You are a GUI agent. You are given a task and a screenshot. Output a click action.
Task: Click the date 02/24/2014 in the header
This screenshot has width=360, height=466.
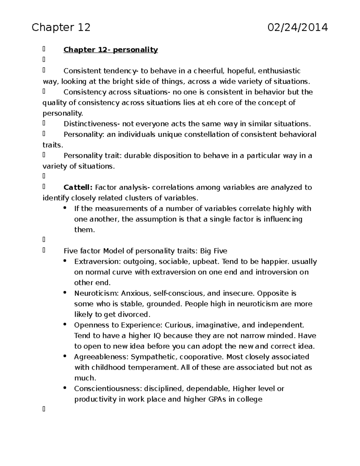(298, 28)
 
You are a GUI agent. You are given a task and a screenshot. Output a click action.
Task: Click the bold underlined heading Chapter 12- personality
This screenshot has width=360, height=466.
(110, 50)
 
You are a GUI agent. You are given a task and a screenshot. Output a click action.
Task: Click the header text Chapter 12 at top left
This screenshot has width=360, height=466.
(61, 28)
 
